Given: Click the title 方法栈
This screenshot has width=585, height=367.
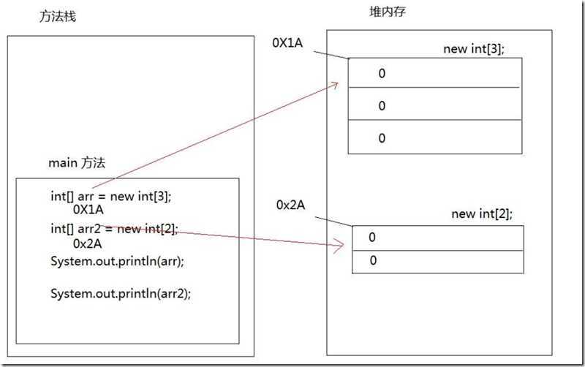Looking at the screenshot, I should [x=57, y=17].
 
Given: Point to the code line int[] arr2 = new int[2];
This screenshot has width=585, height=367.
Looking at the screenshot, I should [x=114, y=228].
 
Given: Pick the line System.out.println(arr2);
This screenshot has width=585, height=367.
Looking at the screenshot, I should [x=115, y=293].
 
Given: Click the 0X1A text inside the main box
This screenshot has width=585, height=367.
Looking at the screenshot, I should [x=88, y=209].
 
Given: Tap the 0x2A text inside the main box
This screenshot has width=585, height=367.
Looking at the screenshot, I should [x=87, y=243].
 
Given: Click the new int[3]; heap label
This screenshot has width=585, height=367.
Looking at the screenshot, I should [x=473, y=49].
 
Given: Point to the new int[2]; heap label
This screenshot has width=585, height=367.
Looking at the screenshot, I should [x=482, y=213].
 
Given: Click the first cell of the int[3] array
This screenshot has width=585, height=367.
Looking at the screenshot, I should [x=435, y=73].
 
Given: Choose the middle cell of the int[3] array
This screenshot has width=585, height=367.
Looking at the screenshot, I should [x=435, y=105].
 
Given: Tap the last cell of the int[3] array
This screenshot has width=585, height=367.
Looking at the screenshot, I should [x=435, y=137].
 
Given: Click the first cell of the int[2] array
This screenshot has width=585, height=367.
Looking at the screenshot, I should [x=438, y=238].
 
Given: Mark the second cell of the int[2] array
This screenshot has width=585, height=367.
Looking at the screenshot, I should [x=438, y=261].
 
